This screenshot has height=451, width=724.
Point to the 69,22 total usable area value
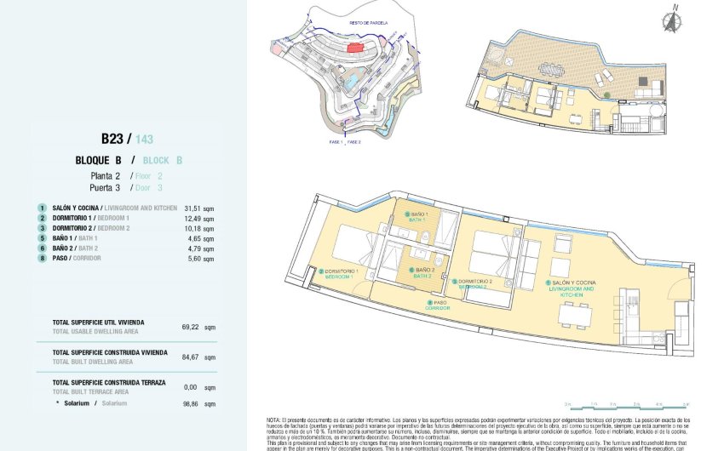click(x=192, y=326)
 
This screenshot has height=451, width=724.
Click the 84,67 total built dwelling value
click(x=192, y=357)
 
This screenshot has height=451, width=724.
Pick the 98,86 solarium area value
click(x=192, y=402)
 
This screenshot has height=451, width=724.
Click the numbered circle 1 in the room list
click(x=41, y=207)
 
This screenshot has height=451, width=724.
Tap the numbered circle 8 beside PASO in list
click(x=41, y=258)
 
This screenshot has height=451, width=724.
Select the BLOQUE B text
click(x=99, y=160)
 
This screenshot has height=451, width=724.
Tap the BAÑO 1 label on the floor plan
click(x=417, y=217)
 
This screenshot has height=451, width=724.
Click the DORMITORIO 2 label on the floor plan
click(x=473, y=283)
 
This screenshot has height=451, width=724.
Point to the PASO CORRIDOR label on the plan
click(x=440, y=304)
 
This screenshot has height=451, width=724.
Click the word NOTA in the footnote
click(x=273, y=420)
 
